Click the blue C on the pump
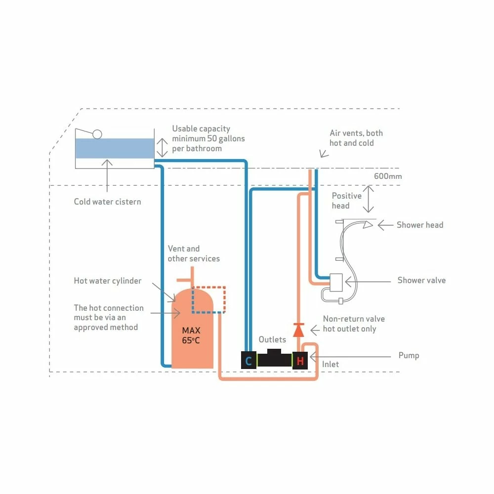[x=248, y=361]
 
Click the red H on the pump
[x=300, y=361]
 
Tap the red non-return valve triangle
[x=298, y=329]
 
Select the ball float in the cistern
[x=97, y=134]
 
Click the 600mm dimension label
[x=388, y=176]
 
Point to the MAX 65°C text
[x=191, y=335]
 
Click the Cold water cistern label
[x=107, y=202]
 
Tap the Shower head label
[x=420, y=225]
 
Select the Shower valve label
[x=421, y=280]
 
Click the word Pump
[x=409, y=355]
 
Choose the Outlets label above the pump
[x=272, y=339]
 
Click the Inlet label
[x=330, y=364]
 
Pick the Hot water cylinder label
[x=108, y=281]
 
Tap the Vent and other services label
[x=193, y=253]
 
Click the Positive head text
[x=346, y=201]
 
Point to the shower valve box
[x=336, y=282]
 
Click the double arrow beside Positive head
[x=369, y=199]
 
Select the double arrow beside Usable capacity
[x=163, y=147]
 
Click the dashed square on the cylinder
[x=208, y=299]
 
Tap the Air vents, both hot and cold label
[x=356, y=138]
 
